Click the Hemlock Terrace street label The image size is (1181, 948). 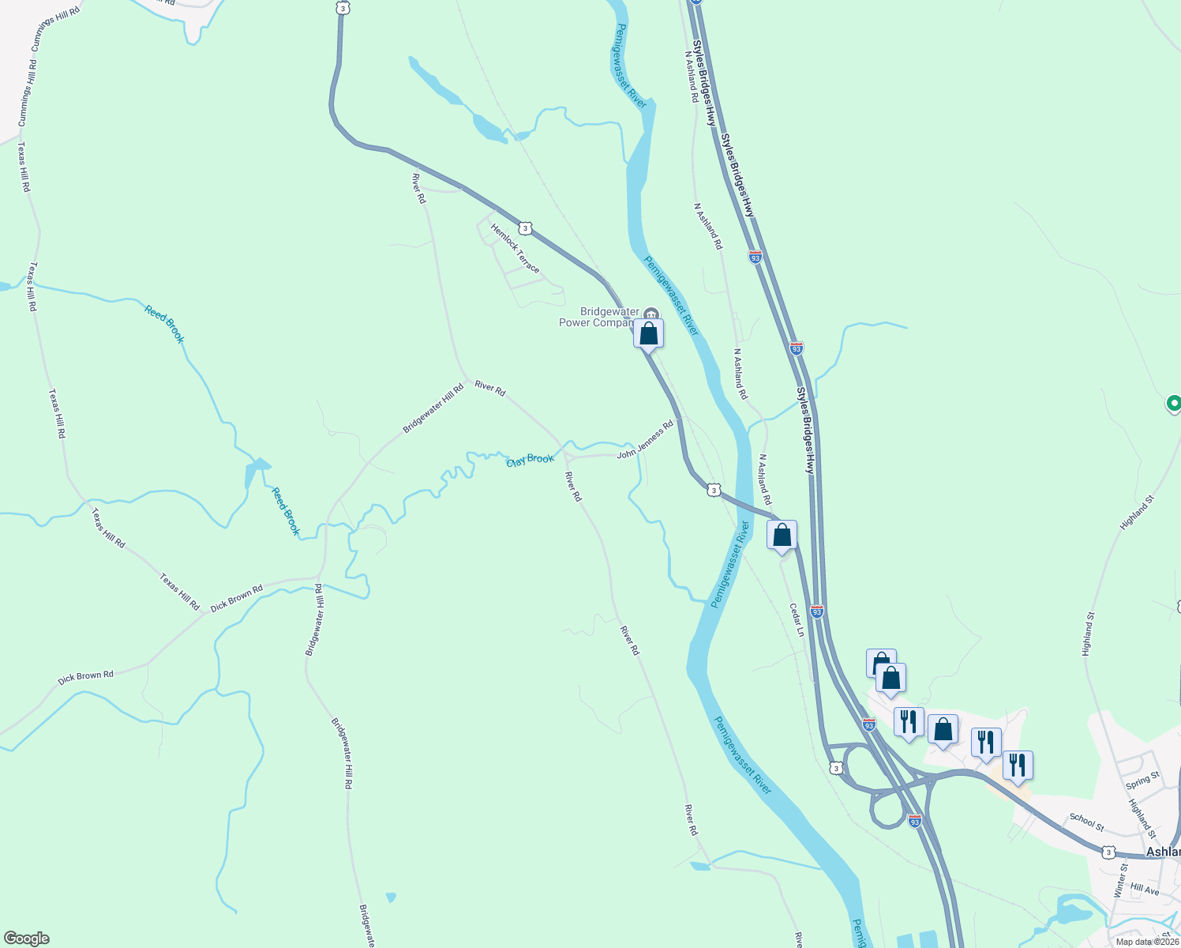coord(516,249)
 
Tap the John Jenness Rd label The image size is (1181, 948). coord(645,441)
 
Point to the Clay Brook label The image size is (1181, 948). coord(530,460)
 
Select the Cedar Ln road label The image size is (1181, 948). coord(797,620)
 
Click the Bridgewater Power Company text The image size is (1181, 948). coord(598,317)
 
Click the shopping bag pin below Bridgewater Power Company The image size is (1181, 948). coord(648,334)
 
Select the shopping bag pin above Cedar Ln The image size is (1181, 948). coord(782,536)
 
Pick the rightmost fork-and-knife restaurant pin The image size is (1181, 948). coord(1018,766)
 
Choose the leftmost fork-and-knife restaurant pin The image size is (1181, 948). coord(909,722)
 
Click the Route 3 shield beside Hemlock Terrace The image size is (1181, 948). coord(526,228)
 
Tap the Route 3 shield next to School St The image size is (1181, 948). coord(1109,852)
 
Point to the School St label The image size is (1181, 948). coord(1086,822)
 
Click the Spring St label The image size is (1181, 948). coord(1142,780)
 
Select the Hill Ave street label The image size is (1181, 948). coord(1144,890)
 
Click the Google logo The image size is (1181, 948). coord(27,938)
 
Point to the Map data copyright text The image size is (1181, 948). coord(1147,942)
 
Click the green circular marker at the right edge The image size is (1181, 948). coord(1174,404)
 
